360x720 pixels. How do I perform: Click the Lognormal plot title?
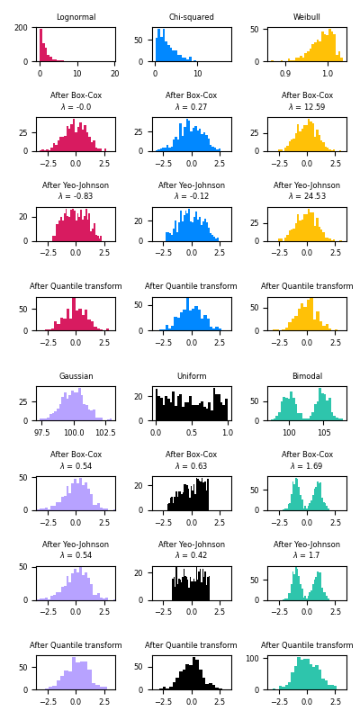(76, 17)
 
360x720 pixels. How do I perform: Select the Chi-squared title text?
(191, 17)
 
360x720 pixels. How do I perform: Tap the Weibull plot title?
(307, 17)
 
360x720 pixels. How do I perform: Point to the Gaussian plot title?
(76, 376)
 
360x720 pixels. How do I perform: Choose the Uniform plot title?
(191, 376)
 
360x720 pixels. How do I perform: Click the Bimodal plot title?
(307, 376)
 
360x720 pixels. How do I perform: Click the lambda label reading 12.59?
(307, 107)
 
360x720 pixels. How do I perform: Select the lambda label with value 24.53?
(307, 197)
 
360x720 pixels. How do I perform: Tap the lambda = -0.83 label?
(76, 197)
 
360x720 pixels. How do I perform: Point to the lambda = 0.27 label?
(191, 107)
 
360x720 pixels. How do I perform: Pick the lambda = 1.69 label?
(307, 466)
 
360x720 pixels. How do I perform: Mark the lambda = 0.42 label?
(191, 556)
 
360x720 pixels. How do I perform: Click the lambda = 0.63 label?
(191, 466)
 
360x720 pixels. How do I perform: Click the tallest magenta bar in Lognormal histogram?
(40, 45)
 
